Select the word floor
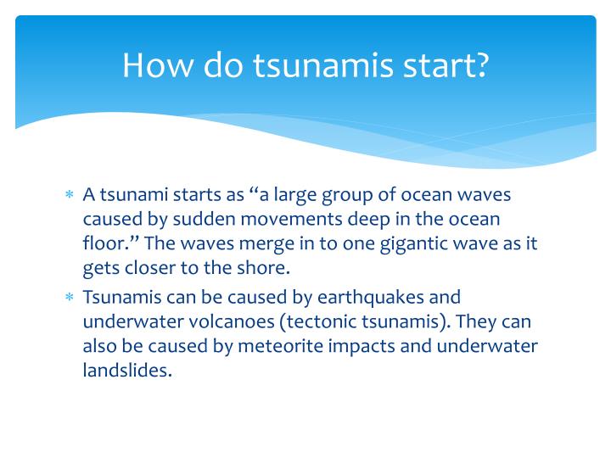pyautogui.click(x=102, y=243)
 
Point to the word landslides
pyautogui.click(x=126, y=371)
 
